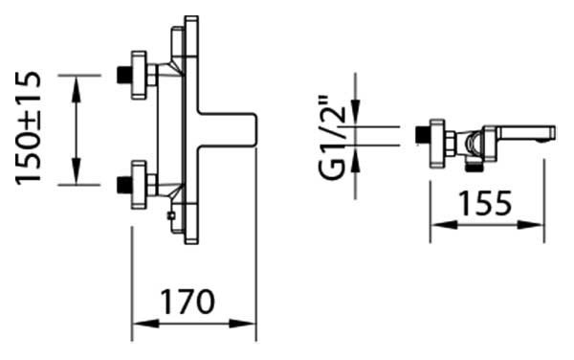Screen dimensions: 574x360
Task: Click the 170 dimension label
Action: point(188,302)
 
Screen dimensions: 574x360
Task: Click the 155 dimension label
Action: point(485,203)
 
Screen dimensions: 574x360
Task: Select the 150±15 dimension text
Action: point(28,129)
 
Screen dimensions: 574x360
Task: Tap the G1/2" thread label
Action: point(332,139)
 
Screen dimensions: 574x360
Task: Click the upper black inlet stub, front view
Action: point(124,75)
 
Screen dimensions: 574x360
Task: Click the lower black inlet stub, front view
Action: point(124,185)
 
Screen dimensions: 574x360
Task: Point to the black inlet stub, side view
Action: point(423,135)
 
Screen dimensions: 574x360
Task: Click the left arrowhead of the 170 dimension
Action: point(145,324)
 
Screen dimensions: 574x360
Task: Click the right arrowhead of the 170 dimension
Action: point(243,324)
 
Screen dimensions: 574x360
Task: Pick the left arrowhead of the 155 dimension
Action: point(444,225)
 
